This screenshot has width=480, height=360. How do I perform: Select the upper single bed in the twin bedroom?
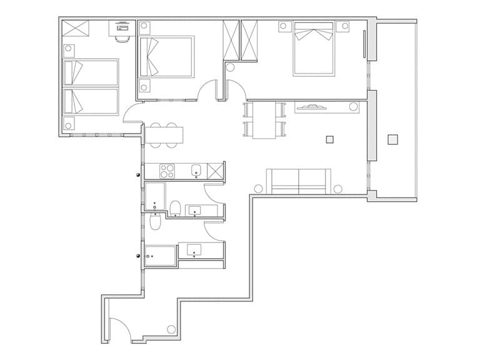click(91, 72)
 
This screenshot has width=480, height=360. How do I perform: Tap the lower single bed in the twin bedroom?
click(91, 101)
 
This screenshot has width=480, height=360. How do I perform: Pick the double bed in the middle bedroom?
click(166, 56)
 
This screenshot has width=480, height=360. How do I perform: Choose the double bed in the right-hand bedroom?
click(313, 49)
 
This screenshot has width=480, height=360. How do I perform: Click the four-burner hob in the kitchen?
click(168, 171)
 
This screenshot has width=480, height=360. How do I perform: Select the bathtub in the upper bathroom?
click(154, 196)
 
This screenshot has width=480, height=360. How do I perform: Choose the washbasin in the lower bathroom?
click(195, 249)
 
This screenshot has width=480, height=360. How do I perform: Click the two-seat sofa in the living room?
click(298, 181)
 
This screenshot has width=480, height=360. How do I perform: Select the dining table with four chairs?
click(264, 120)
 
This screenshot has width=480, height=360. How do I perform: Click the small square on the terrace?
click(392, 139)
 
